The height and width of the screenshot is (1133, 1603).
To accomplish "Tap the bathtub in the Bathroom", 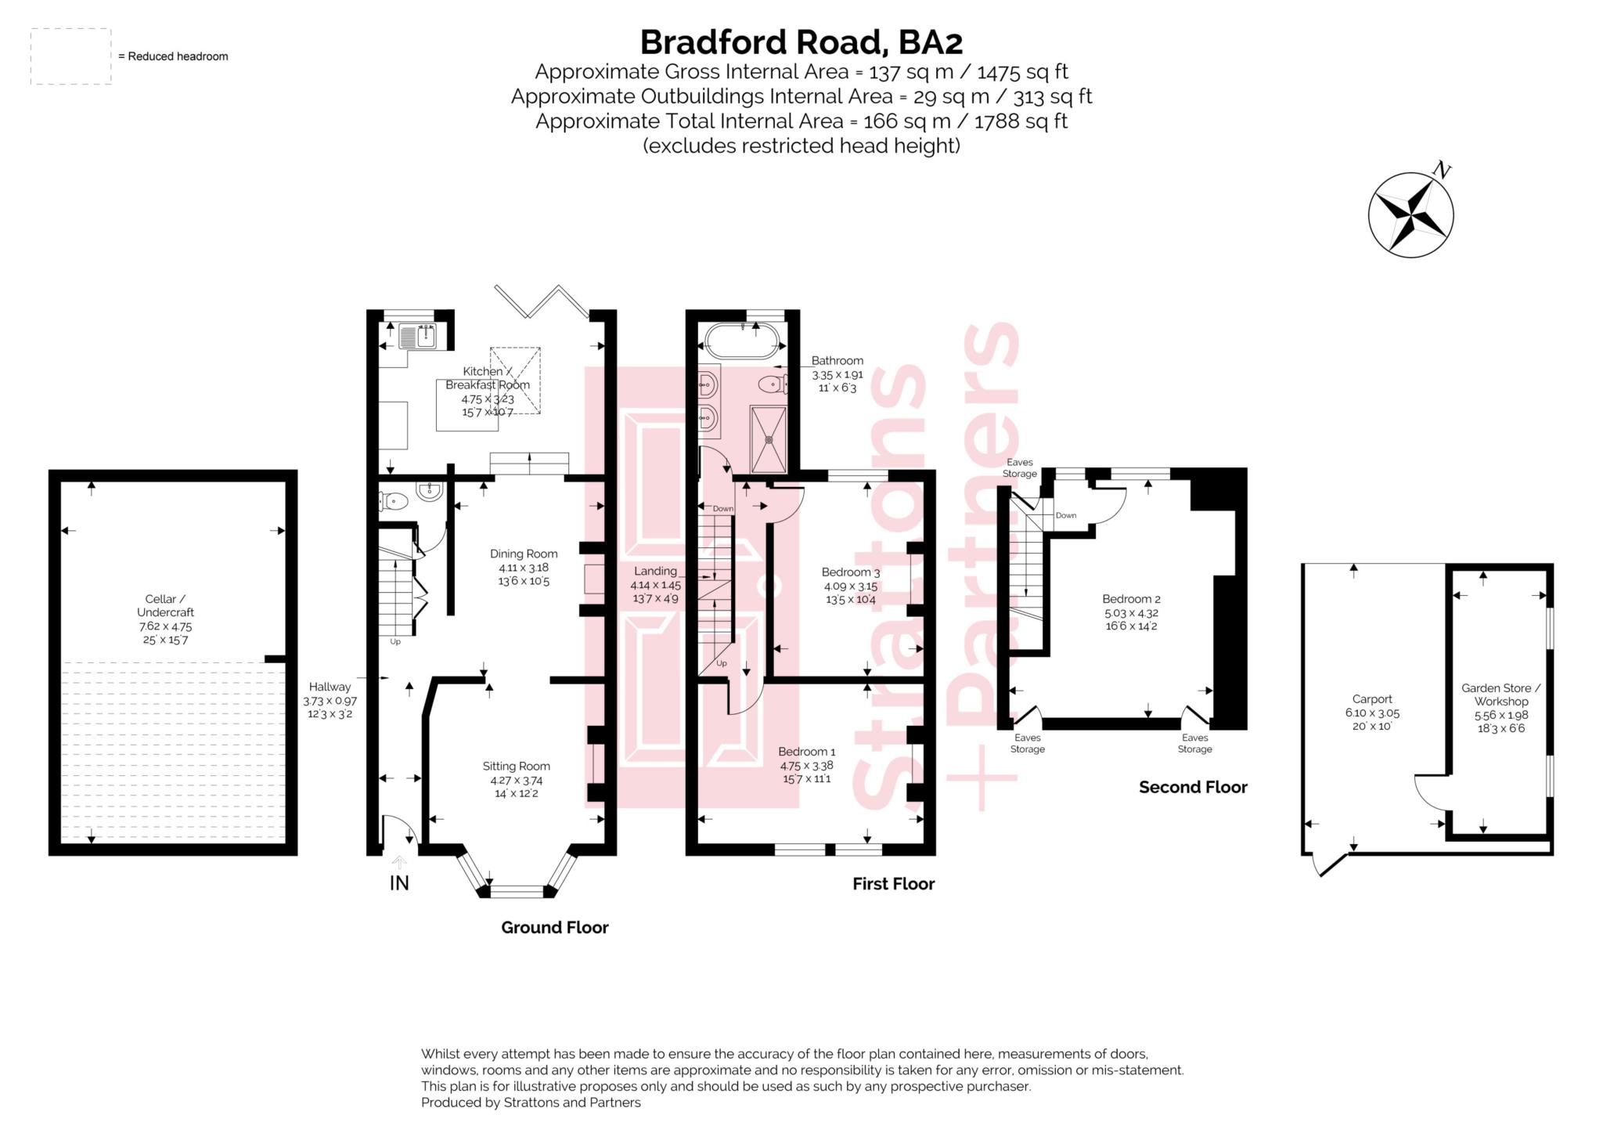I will click(x=743, y=342).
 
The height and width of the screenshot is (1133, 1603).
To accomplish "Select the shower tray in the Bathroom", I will click(x=769, y=438).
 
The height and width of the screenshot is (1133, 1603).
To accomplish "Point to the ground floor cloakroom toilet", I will click(x=393, y=500).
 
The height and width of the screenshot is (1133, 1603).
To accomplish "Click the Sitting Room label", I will click(x=516, y=766).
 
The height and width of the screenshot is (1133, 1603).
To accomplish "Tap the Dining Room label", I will click(x=524, y=554).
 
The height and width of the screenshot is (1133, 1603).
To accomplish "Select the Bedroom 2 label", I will click(x=1131, y=599).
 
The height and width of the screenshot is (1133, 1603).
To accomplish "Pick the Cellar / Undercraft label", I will click(x=165, y=605).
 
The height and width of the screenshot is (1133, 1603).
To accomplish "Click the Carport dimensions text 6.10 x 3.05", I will click(x=1372, y=713).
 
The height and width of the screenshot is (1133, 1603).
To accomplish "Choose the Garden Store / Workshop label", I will click(x=1500, y=695).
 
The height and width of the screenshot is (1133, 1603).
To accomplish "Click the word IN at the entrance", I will click(x=399, y=883).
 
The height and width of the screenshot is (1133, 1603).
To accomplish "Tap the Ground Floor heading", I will click(x=554, y=927).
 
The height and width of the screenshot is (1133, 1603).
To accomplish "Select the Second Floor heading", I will click(x=1192, y=787).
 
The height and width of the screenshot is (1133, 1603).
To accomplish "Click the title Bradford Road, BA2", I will click(x=801, y=41).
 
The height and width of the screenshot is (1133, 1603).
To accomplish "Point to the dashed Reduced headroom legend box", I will click(x=70, y=56).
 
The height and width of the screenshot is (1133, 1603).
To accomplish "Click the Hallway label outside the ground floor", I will click(x=330, y=687).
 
